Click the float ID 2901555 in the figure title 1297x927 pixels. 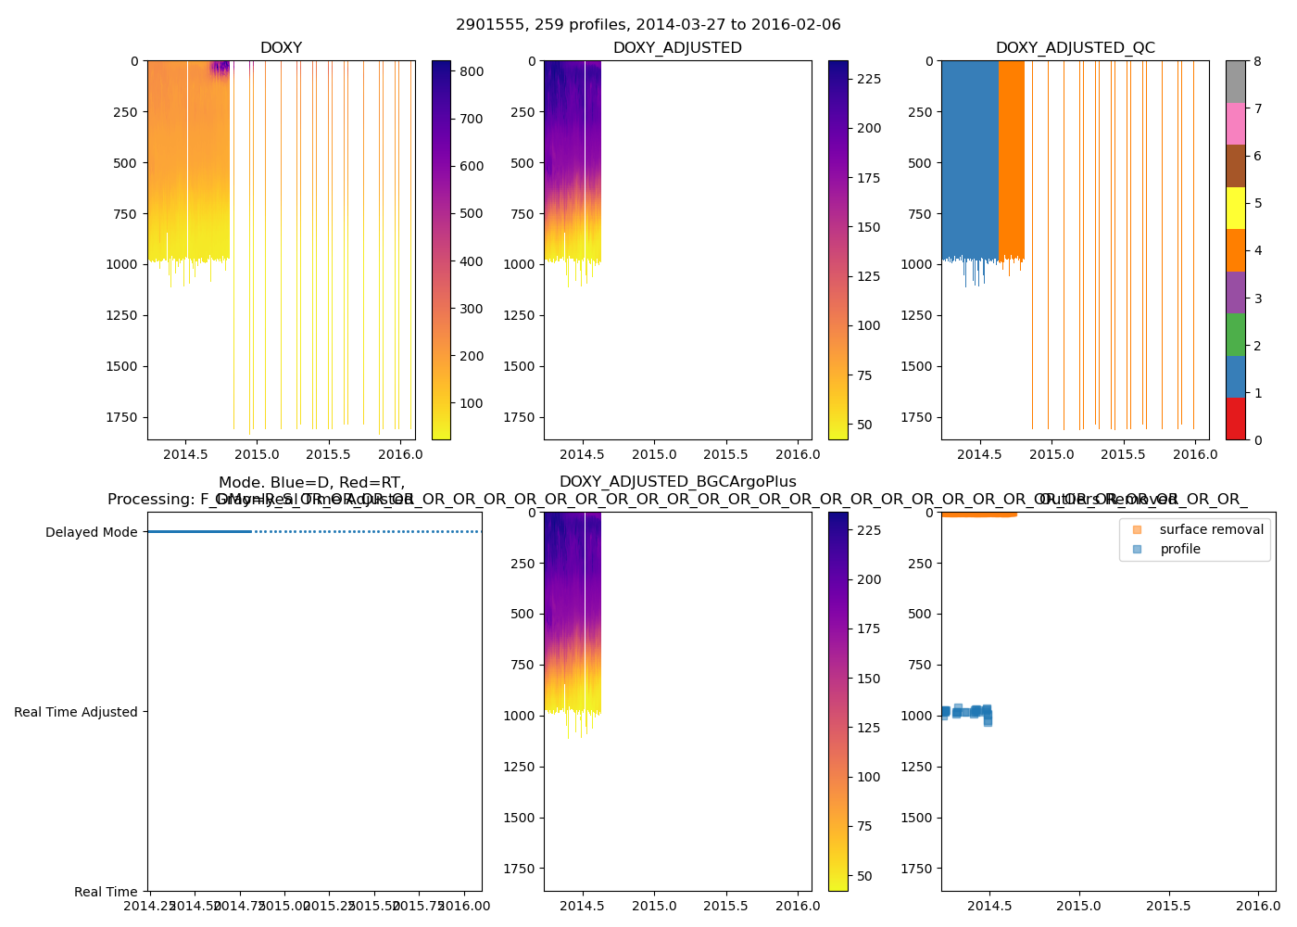click(x=487, y=25)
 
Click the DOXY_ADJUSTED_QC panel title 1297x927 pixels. click(x=1075, y=48)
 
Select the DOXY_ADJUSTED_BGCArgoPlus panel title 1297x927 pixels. click(x=677, y=482)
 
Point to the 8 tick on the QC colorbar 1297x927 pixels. click(x=1256, y=61)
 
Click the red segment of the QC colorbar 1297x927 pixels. click(x=1235, y=418)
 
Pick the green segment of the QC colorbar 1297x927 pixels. click(x=1235, y=335)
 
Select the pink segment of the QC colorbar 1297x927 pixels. click(x=1235, y=123)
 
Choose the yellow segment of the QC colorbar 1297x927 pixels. click(x=1235, y=208)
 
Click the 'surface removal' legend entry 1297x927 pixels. click(x=1211, y=529)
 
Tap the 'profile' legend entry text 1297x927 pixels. click(x=1179, y=549)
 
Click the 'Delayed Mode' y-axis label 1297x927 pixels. click(x=91, y=532)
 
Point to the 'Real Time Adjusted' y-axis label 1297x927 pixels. click(x=76, y=712)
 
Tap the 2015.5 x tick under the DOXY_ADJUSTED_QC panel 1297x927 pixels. click(x=1123, y=454)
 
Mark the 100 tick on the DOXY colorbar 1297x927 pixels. click(x=472, y=403)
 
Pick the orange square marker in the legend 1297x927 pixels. click(x=1137, y=529)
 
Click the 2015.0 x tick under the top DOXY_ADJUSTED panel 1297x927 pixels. click(x=654, y=454)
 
